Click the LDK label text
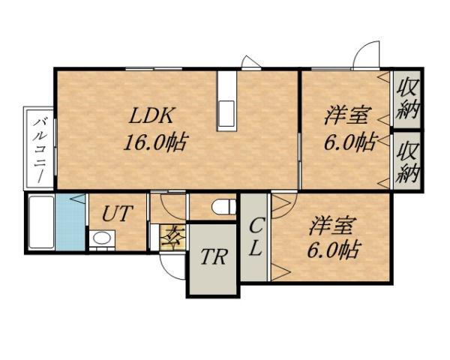click(152, 116)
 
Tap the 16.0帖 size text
click(156, 142)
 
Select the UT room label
click(118, 213)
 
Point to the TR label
click(214, 259)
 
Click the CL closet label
click(255, 237)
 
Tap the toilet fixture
click(220, 206)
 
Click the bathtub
click(40, 223)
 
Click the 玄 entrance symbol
click(173, 237)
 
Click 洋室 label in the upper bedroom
click(346, 116)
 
